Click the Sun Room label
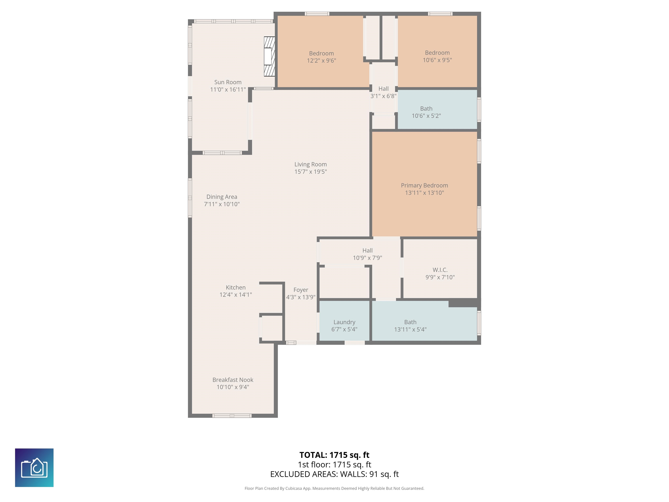228,82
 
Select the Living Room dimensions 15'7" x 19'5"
311,171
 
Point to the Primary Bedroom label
424,185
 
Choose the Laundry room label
344,322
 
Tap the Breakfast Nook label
233,380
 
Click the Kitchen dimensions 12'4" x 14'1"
236,295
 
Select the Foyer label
301,290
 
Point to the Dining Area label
222,197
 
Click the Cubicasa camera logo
34,468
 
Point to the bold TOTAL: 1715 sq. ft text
334,455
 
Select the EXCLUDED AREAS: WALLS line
334,474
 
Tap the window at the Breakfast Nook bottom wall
232,416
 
